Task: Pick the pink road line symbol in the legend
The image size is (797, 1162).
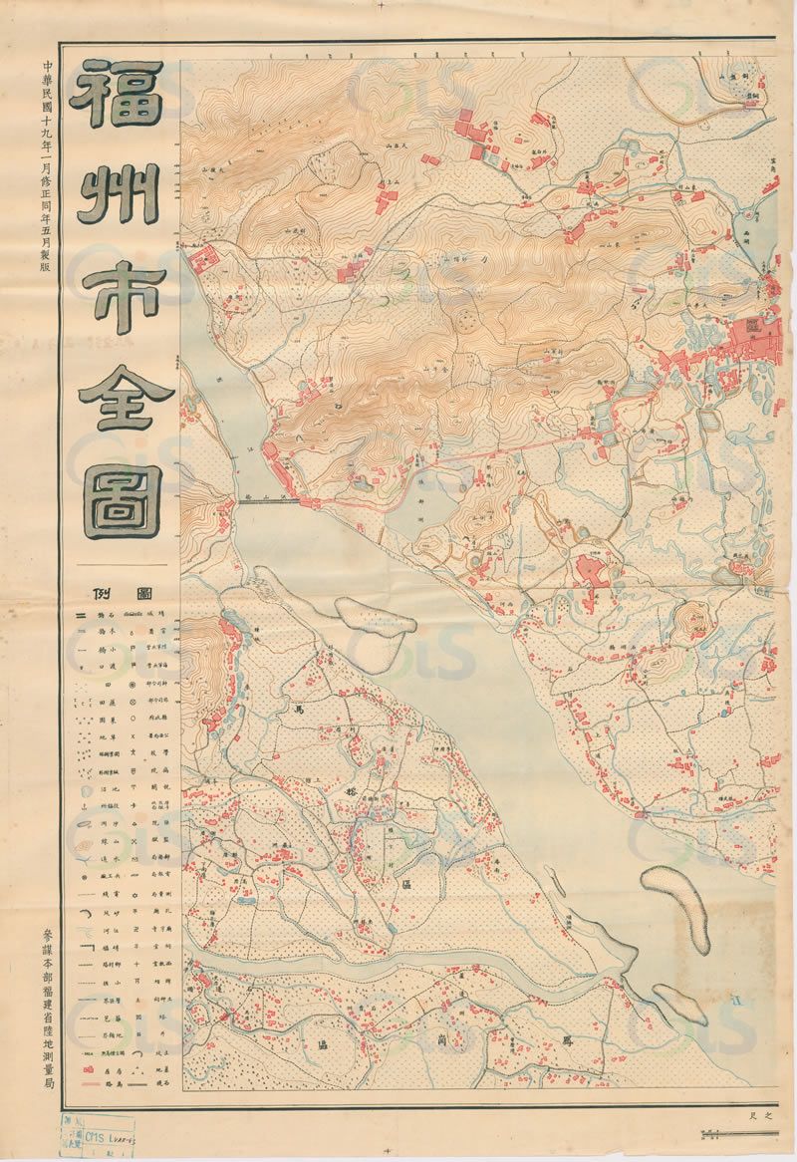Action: pyautogui.click(x=84, y=1084)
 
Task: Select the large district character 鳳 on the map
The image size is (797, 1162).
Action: pyautogui.click(x=569, y=1038)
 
